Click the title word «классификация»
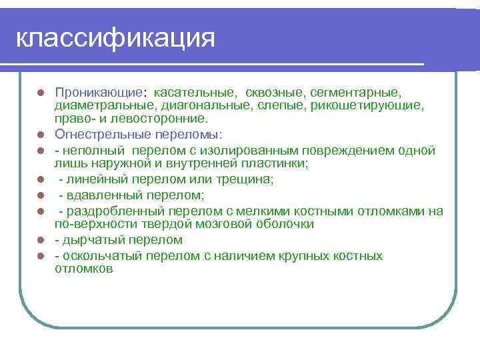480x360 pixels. pos(115,39)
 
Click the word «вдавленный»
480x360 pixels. pos(101,195)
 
